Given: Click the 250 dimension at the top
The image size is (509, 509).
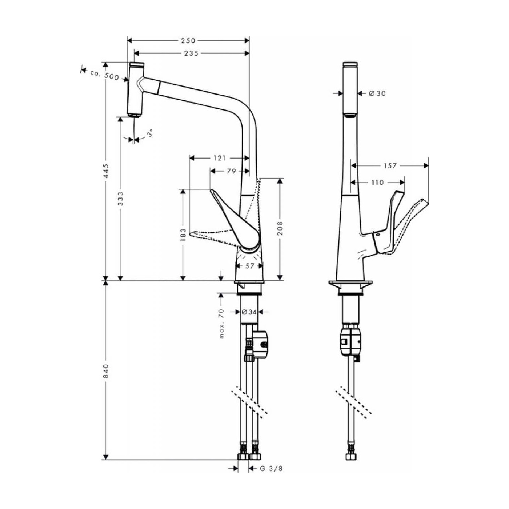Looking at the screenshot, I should click(188, 41).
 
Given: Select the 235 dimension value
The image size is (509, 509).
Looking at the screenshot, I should click(191, 53).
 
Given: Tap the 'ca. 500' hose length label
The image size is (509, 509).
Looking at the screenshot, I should click(105, 75).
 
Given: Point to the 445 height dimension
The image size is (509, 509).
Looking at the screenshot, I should click(106, 171).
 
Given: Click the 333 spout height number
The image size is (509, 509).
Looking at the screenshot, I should click(121, 199).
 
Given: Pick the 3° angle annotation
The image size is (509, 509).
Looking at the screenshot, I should click(149, 133).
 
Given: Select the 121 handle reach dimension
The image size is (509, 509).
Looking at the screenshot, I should click(219, 158).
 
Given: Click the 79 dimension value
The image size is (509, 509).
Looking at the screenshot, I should click(232, 171).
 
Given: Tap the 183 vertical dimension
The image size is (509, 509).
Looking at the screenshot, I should click(183, 235).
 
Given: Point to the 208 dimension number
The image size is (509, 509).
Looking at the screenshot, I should click(280, 228).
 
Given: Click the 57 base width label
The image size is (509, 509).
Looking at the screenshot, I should click(250, 266).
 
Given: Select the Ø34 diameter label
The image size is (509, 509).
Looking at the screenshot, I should click(249, 312).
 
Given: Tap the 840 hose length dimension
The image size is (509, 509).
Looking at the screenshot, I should click(106, 370).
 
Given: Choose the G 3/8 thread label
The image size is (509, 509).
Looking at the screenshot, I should click(271, 469).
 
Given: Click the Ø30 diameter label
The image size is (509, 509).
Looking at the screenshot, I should click(377, 93).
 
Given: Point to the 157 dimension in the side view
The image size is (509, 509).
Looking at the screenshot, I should click(390, 166).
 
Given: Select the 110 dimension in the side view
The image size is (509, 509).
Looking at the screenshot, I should click(377, 182).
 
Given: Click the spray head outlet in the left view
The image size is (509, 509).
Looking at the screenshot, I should click(135, 115).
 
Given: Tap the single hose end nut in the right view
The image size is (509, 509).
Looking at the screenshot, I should click(351, 456).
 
